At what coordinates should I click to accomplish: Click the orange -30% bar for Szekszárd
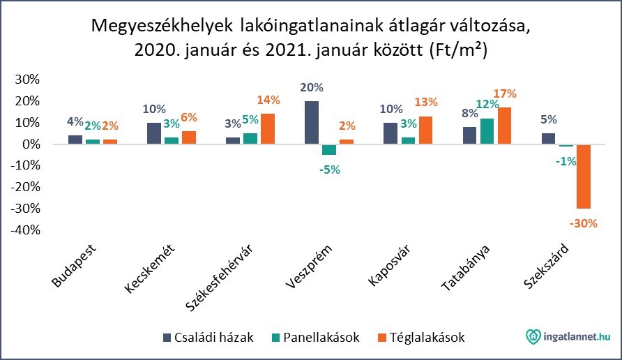(584, 177)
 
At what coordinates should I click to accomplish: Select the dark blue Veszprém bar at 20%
(312, 123)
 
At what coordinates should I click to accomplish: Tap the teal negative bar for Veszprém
(329, 149)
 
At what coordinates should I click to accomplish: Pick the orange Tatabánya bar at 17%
(505, 126)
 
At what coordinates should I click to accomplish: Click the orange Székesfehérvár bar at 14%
(267, 129)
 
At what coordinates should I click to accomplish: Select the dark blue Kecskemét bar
(153, 133)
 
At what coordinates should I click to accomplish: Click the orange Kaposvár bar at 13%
(425, 130)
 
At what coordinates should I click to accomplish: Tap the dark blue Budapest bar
(75, 140)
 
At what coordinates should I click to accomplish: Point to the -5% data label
(329, 169)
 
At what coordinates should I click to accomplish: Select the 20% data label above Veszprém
(312, 88)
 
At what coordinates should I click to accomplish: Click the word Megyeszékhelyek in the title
(162, 27)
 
